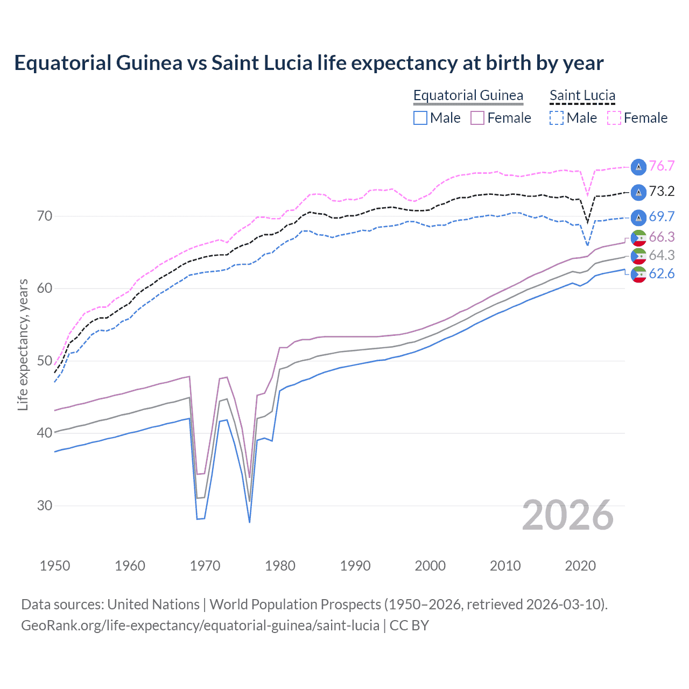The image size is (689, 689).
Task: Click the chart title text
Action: (x=308, y=63)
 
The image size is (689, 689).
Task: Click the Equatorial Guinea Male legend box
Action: (x=420, y=118)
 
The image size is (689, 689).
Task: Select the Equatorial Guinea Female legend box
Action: (x=477, y=118)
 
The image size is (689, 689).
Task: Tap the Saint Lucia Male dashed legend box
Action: (x=557, y=118)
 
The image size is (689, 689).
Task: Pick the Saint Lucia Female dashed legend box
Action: (x=614, y=118)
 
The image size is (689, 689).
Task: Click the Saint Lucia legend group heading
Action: (x=582, y=95)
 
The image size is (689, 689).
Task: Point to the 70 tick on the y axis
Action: (x=45, y=216)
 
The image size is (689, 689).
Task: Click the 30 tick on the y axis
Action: (x=45, y=505)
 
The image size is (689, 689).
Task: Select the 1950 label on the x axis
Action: (x=55, y=566)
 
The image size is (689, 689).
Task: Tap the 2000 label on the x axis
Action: (x=430, y=566)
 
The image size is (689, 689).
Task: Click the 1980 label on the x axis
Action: (x=280, y=566)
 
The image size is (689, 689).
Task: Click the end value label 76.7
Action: (x=662, y=166)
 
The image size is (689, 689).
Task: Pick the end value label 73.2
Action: (x=662, y=191)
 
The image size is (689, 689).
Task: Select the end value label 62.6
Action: (x=662, y=274)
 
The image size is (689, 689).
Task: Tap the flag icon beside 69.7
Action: (x=638, y=217)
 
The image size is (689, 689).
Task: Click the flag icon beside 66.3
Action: (x=638, y=237)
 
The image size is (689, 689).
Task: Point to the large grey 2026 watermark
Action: (x=568, y=515)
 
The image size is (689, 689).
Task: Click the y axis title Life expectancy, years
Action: (x=23, y=344)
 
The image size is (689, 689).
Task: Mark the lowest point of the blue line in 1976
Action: (x=250, y=522)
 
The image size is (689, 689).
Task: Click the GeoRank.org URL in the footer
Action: (x=200, y=625)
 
